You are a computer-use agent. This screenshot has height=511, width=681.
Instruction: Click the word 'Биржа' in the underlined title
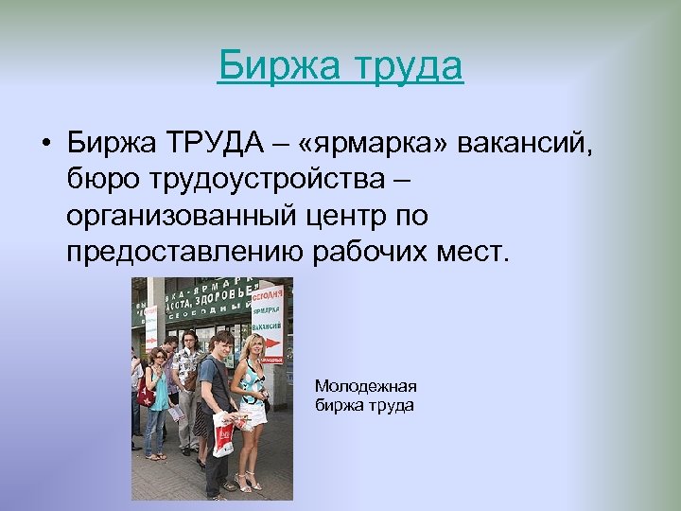pos(266,67)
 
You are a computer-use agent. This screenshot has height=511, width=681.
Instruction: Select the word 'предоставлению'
pos(185,253)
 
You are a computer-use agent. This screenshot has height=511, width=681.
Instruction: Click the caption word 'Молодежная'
pos(365,386)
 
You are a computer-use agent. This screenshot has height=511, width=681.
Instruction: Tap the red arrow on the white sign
pos(272,344)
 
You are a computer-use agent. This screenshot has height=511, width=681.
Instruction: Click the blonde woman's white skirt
pos(253,416)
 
